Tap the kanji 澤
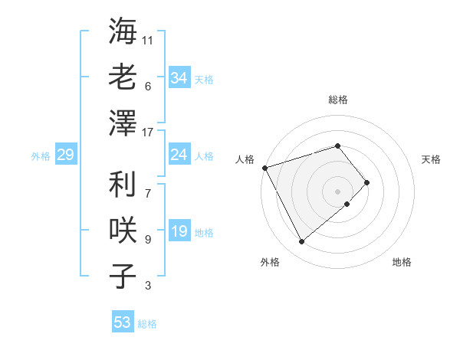point(123,123)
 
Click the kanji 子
point(123,277)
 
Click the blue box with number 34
point(179,78)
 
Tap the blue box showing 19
point(179,232)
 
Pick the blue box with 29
point(65,155)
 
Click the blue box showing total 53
point(123,322)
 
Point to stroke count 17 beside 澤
point(149,133)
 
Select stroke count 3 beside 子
point(148,286)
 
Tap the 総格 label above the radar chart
point(337,100)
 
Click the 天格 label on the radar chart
point(431,159)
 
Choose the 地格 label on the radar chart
point(402,262)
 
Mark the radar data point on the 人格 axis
point(264,168)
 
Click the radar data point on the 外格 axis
point(301,241)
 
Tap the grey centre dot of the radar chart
point(337,191)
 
